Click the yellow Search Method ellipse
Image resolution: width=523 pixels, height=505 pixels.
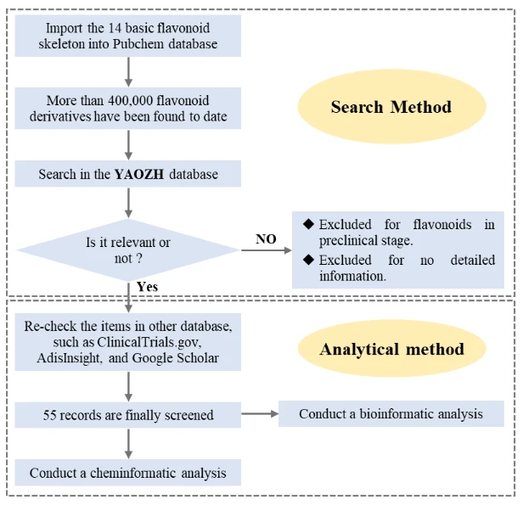pyautogui.click(x=391, y=107)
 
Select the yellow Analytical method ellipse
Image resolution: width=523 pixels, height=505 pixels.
pyautogui.click(x=391, y=349)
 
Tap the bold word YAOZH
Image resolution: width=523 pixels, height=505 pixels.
pyautogui.click(x=139, y=174)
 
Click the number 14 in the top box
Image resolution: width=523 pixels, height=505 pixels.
pyautogui.click(x=115, y=28)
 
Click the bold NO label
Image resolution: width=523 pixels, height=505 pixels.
pyautogui.click(x=266, y=239)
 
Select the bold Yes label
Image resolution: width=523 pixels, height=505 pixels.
pyautogui.click(x=147, y=287)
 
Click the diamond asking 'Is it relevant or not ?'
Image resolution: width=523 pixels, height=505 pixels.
pyautogui.click(x=128, y=250)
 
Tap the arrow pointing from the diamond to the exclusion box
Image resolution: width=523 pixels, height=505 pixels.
pyautogui.click(x=267, y=250)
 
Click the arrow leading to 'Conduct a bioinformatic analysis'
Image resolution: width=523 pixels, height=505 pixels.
pyautogui.click(x=260, y=414)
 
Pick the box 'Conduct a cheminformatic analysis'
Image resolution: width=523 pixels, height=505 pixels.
pyautogui.click(x=127, y=473)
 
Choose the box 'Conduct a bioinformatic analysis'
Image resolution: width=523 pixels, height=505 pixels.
pyautogui.click(x=391, y=413)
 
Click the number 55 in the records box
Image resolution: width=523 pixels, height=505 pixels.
pyautogui.click(x=49, y=415)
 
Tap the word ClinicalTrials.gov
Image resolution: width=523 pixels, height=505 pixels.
pyautogui.click(x=149, y=342)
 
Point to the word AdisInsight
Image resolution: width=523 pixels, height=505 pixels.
pyautogui.click(x=70, y=358)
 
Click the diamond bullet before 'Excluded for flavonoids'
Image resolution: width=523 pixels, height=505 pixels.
pyautogui.click(x=308, y=224)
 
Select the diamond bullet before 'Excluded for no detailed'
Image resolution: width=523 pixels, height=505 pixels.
pyautogui.click(x=308, y=260)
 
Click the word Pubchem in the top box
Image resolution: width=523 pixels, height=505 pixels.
pyautogui.click(x=138, y=44)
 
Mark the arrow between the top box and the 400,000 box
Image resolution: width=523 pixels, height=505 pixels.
pyautogui.click(x=128, y=72)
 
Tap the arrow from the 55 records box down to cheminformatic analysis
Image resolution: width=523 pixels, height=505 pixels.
pyautogui.click(x=128, y=444)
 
